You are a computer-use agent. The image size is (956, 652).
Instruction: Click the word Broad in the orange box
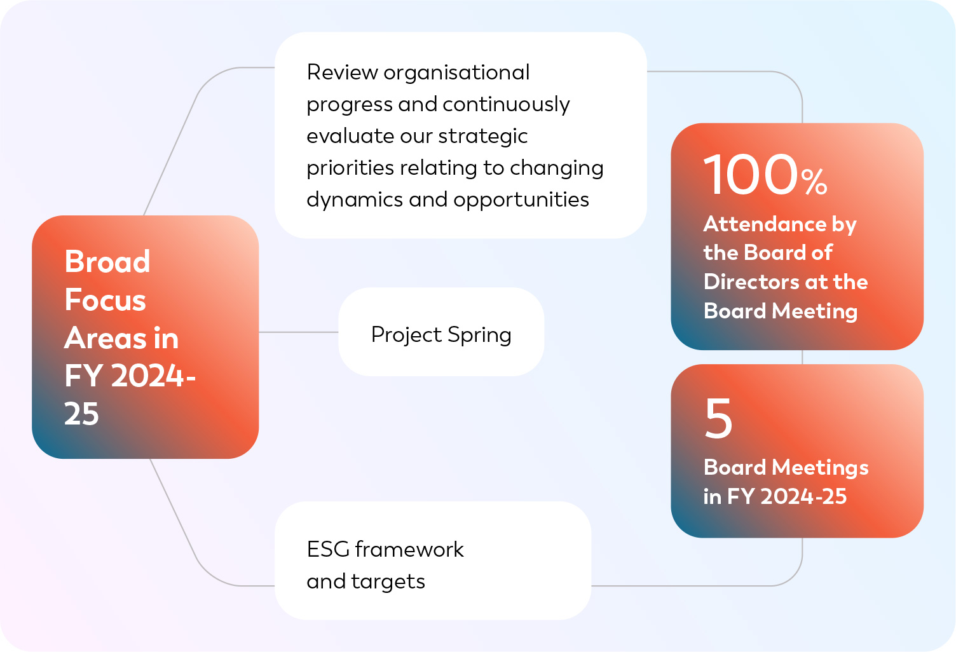pyautogui.click(x=107, y=261)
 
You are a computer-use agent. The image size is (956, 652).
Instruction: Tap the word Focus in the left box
pyautogui.click(x=106, y=299)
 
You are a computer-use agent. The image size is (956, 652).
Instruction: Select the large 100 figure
pyautogui.click(x=751, y=175)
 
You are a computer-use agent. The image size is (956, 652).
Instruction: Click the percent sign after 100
pyautogui.click(x=814, y=181)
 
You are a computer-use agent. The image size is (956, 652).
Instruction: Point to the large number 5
pyautogui.click(x=719, y=418)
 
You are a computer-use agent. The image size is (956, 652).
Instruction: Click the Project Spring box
pyautogui.click(x=441, y=332)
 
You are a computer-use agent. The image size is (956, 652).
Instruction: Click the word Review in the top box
pyautogui.click(x=342, y=72)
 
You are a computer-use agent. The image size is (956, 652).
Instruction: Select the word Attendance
pyautogui.click(x=765, y=224)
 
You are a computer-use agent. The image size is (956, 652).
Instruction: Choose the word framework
pyautogui.click(x=409, y=549)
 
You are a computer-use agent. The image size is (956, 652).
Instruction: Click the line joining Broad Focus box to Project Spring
pyautogui.click(x=299, y=332)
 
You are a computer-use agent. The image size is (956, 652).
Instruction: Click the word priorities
pyautogui.click(x=350, y=168)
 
